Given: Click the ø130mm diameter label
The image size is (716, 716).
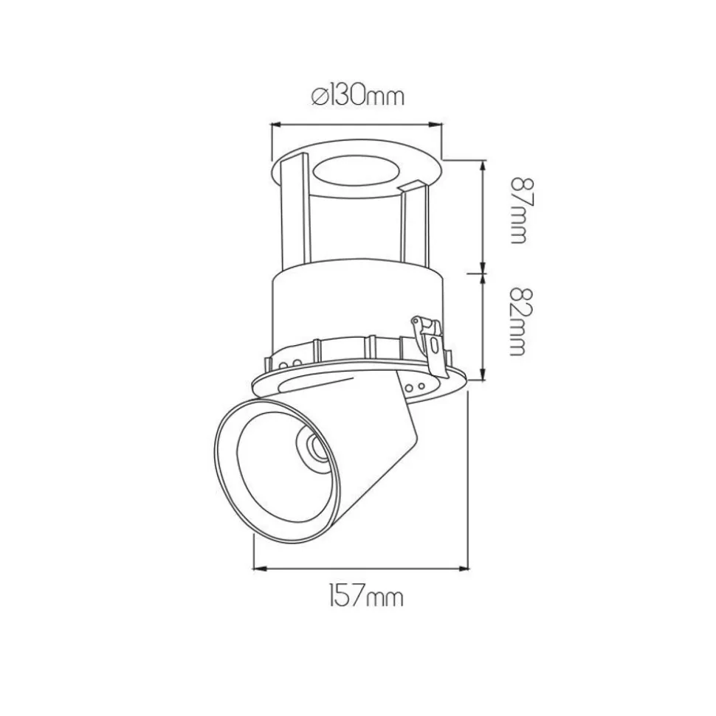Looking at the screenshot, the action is pyautogui.click(x=359, y=96).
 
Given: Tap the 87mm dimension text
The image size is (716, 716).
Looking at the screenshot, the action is pyautogui.click(x=518, y=210).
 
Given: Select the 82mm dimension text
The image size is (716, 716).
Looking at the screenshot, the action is pyautogui.click(x=518, y=321).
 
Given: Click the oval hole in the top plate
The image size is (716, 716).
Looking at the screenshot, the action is pyautogui.click(x=356, y=171).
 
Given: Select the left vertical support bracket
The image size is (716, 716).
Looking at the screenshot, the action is pyautogui.click(x=295, y=210).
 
